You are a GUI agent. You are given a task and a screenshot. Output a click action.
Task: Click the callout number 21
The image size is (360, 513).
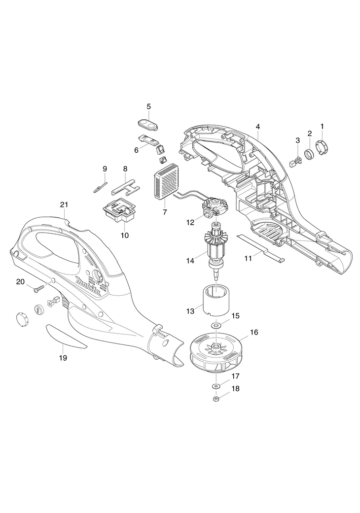point(64,205)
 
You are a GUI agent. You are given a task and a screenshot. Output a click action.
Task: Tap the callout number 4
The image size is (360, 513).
point(258,126)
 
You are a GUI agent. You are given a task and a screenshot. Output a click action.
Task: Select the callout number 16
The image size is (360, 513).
point(254,332)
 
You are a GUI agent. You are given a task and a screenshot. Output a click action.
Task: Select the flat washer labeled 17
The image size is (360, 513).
point(216,384)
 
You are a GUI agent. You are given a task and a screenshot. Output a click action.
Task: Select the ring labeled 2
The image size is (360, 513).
point(310,155)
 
